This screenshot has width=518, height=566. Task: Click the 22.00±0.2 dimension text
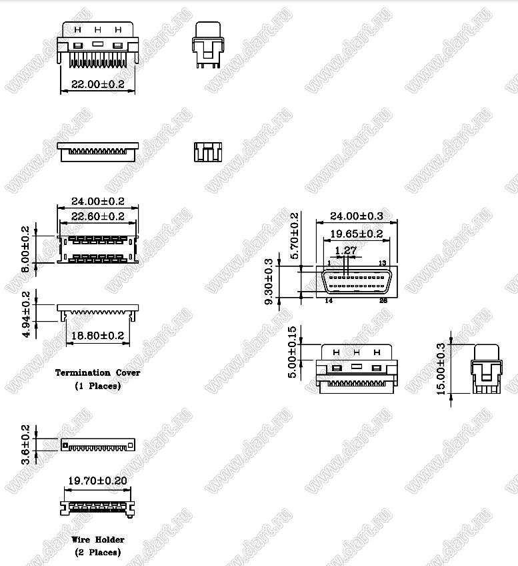click(x=98, y=84)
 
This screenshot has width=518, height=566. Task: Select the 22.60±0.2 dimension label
click(x=98, y=216)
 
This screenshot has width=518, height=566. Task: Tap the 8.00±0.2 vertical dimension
click(x=25, y=249)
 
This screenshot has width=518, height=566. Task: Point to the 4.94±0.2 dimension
click(x=26, y=315)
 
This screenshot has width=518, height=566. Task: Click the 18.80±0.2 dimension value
click(x=98, y=336)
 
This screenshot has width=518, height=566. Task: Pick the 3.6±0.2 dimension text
click(x=25, y=445)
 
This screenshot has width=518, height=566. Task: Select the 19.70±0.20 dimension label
click(x=98, y=481)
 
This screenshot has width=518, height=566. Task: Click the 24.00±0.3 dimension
click(x=357, y=216)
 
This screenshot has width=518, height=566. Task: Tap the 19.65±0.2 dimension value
click(x=357, y=234)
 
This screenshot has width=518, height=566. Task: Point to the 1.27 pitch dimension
click(x=346, y=250)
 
